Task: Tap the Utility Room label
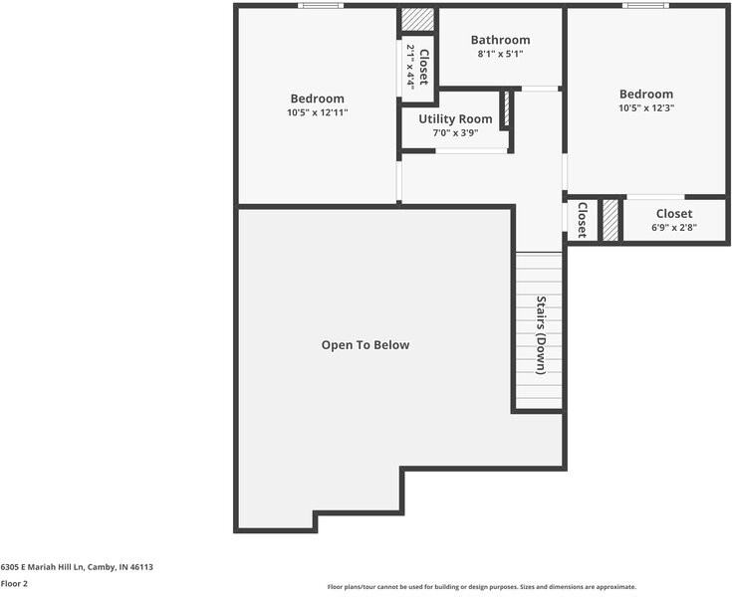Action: point(455,119)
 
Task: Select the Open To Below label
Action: point(365,345)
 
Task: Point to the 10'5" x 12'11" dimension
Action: point(317,112)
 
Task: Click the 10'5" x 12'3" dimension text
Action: point(645,107)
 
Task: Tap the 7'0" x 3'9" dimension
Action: point(455,133)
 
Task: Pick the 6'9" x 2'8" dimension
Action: point(673,227)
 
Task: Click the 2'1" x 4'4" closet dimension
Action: point(410,66)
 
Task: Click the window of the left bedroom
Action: point(321,6)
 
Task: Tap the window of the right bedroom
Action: point(645,6)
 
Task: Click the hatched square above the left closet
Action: point(418,20)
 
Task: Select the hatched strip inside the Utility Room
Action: point(505,108)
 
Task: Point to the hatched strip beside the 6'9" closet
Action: point(610,220)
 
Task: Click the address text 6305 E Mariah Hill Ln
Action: point(77,566)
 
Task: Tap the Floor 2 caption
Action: point(14,584)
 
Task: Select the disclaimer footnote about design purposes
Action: point(481,587)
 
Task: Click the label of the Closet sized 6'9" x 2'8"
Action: point(673,213)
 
